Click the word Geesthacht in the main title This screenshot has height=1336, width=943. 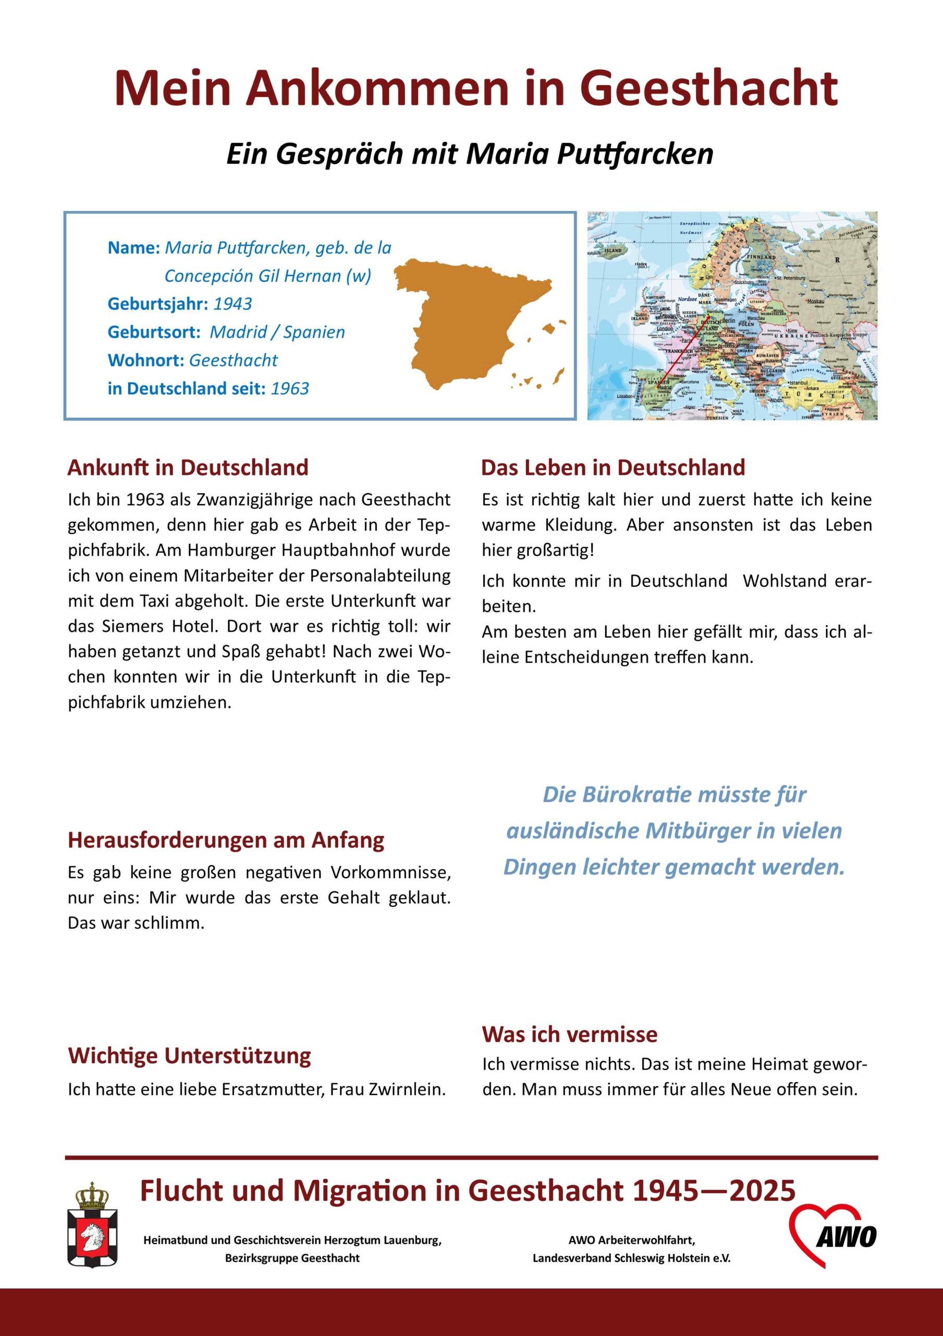click(x=708, y=88)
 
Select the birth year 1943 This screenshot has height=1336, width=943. click(x=232, y=304)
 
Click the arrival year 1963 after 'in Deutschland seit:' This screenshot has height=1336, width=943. click(x=290, y=389)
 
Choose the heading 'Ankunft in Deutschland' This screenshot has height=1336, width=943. click(x=188, y=468)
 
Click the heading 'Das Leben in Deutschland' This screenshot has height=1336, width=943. click(x=613, y=468)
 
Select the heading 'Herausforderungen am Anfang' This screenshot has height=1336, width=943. click(x=226, y=840)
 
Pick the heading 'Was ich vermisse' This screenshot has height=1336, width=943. click(x=569, y=1034)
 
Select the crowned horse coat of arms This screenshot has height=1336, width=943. click(x=92, y=1225)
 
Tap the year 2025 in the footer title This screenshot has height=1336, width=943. click(x=762, y=1191)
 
